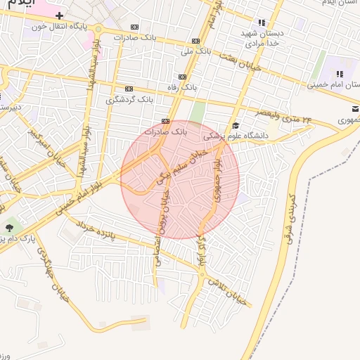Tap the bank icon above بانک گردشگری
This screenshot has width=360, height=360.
pos(128,89)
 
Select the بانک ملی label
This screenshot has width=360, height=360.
pos(195,51)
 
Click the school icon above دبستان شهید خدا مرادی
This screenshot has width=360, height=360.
pos(262,22)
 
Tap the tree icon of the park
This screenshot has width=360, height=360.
pos(10,226)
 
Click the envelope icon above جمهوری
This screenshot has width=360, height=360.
pos(356,109)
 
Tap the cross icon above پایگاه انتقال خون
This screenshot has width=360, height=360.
pos(60,15)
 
